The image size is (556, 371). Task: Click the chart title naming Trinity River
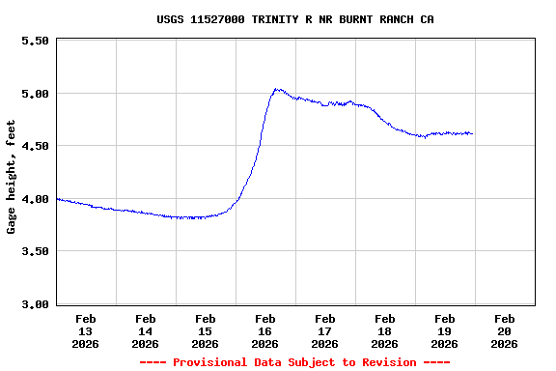294,19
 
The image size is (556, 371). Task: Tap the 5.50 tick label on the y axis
34,42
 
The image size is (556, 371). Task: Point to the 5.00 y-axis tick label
34,94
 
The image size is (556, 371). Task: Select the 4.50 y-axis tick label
34,146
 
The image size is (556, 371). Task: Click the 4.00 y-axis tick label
34,199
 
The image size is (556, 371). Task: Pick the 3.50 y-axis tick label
34,251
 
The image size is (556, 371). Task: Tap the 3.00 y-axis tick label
34,304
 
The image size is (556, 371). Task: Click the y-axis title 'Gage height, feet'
12,177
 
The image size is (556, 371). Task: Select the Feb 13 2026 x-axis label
85,330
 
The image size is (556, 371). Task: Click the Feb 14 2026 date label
145,330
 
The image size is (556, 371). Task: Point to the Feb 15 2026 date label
205,330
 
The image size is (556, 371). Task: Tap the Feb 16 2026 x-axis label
264,330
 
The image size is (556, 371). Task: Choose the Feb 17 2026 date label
324,330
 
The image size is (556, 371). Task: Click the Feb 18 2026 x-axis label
384,330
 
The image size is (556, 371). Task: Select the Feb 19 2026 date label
444,330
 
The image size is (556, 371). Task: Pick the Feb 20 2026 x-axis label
504,330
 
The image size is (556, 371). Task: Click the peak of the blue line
276,89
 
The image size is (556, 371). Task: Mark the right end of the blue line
472,133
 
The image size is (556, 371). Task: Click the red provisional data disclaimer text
294,362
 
